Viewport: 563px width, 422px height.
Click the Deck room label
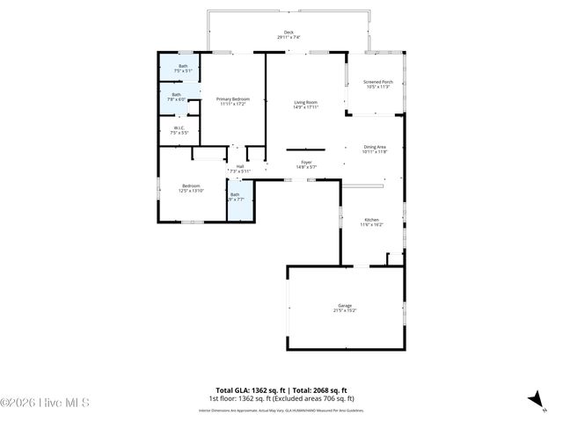click(x=288, y=33)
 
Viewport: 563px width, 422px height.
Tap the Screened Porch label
click(x=377, y=83)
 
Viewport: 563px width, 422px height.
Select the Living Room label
click(x=305, y=103)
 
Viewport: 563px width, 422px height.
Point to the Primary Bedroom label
click(x=233, y=99)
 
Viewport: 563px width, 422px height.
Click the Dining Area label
click(x=375, y=147)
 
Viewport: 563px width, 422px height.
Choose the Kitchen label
click(x=371, y=220)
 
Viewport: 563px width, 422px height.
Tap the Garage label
click(x=344, y=305)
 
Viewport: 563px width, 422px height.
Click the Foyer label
click(x=306, y=162)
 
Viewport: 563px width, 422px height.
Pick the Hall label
click(x=239, y=165)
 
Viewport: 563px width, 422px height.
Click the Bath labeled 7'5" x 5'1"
click(x=183, y=66)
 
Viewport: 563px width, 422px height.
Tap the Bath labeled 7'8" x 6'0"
click(x=176, y=95)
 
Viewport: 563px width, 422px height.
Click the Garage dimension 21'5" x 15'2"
click(x=344, y=310)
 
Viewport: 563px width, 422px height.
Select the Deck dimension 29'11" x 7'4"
click(x=289, y=38)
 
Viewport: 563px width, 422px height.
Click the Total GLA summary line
click(x=281, y=389)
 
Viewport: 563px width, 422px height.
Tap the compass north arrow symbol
click(x=534, y=400)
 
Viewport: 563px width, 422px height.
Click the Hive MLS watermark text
click(x=46, y=404)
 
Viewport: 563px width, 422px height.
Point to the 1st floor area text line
click(x=281, y=397)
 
